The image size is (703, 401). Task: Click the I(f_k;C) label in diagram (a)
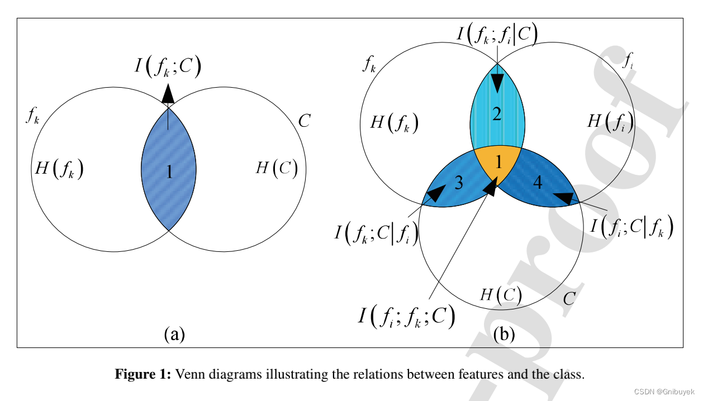(x=168, y=67)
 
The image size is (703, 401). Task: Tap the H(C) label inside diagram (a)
(x=276, y=168)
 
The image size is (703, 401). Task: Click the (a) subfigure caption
(x=174, y=334)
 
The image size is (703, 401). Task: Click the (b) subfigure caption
(x=504, y=334)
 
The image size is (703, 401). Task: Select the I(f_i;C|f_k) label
(x=632, y=226)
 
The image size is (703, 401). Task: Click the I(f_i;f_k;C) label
(x=406, y=317)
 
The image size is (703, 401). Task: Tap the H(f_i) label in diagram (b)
(x=610, y=121)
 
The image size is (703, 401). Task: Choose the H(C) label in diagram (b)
(x=501, y=294)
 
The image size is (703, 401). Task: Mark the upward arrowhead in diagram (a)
(x=168, y=94)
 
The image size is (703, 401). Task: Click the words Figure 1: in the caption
(x=143, y=374)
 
